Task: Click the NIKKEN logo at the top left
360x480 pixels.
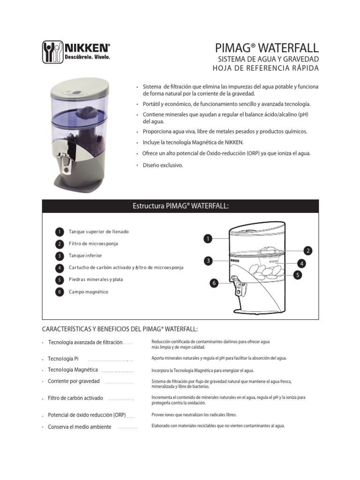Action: (76, 52)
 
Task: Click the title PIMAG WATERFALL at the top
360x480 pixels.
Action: (266, 48)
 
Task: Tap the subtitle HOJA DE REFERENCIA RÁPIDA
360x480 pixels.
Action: (265, 68)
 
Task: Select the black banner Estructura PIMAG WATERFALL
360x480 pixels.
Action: (180, 206)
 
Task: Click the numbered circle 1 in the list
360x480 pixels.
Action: (59, 232)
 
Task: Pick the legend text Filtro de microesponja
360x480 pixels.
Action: (93, 244)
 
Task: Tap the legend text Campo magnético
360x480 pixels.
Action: (88, 292)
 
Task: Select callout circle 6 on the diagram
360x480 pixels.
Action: (214, 283)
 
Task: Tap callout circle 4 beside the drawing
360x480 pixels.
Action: (301, 263)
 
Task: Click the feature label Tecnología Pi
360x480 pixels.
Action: (63, 359)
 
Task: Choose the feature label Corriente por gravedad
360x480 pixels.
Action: (74, 381)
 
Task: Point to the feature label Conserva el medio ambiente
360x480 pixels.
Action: (80, 427)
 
